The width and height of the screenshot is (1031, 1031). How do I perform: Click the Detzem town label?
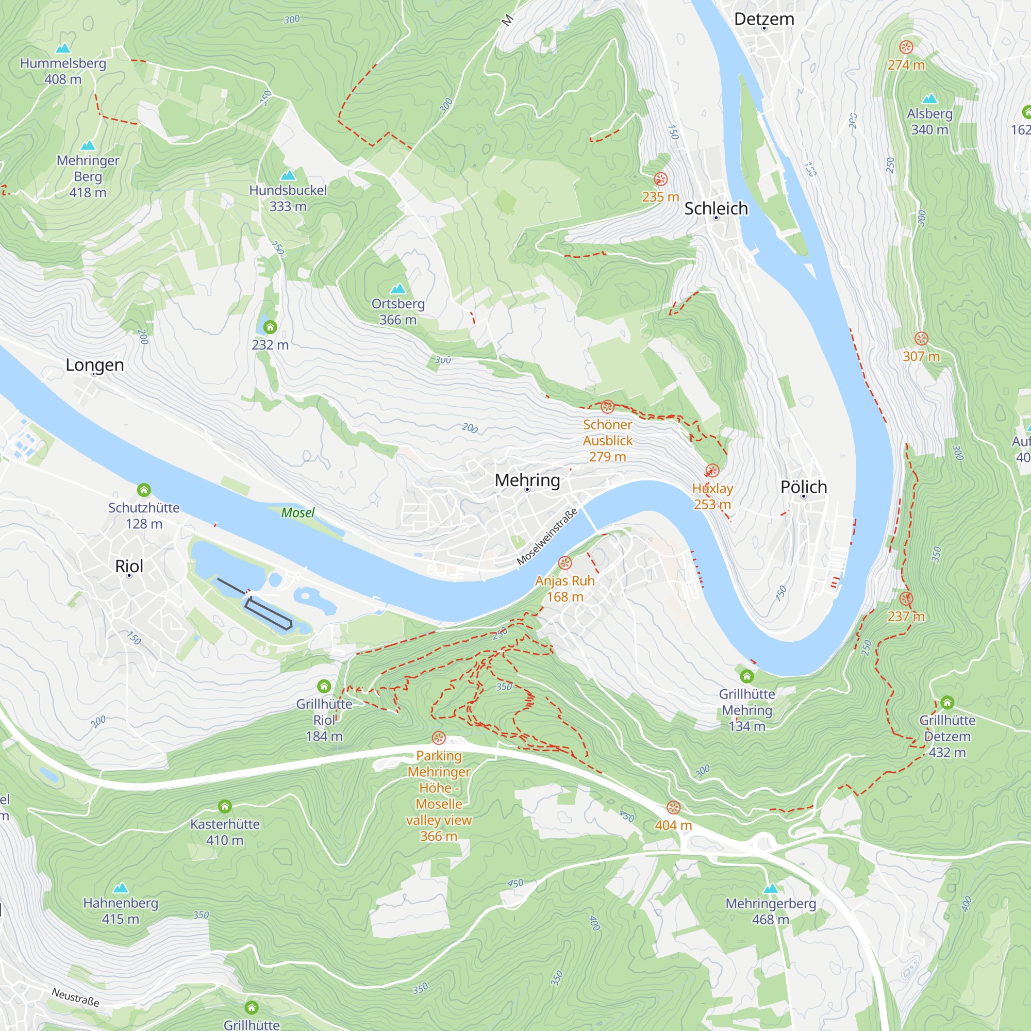coord(763,19)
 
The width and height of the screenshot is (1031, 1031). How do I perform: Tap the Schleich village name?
coord(716,209)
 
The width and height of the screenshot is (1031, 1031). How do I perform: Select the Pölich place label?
coord(803,487)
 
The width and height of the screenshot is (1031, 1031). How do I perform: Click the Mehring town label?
coord(527,480)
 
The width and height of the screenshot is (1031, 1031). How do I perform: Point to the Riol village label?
coord(129,566)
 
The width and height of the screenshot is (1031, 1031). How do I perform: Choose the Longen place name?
coord(94,365)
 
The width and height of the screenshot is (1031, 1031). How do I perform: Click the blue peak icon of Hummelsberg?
coord(63,48)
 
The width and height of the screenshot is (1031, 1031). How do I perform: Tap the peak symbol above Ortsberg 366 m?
coord(397,289)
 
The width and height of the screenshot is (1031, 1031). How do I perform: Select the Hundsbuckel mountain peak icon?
coord(288,176)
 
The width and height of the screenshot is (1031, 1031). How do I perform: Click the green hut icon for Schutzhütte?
coord(143,489)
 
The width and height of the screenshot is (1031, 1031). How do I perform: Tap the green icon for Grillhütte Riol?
coord(324,686)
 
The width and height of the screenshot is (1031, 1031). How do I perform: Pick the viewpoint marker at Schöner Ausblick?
coord(607,407)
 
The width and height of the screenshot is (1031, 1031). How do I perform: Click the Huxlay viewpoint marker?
coord(712,470)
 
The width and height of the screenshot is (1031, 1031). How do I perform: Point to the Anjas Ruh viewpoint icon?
coord(564,562)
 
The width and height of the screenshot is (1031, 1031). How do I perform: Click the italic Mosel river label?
coord(298,513)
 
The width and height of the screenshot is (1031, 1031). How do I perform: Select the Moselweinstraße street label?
coord(547,536)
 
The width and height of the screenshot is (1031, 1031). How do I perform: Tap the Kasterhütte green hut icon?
coord(225,806)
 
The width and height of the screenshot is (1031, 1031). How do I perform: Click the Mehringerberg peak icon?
coord(770,889)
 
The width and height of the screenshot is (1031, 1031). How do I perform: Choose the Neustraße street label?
coord(75,997)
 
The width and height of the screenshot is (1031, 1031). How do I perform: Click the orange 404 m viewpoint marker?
coord(673,807)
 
